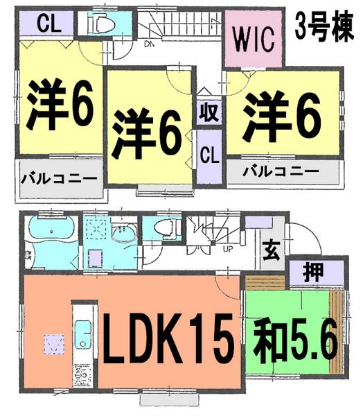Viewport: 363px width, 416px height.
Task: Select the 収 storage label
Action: tap(206, 111)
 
